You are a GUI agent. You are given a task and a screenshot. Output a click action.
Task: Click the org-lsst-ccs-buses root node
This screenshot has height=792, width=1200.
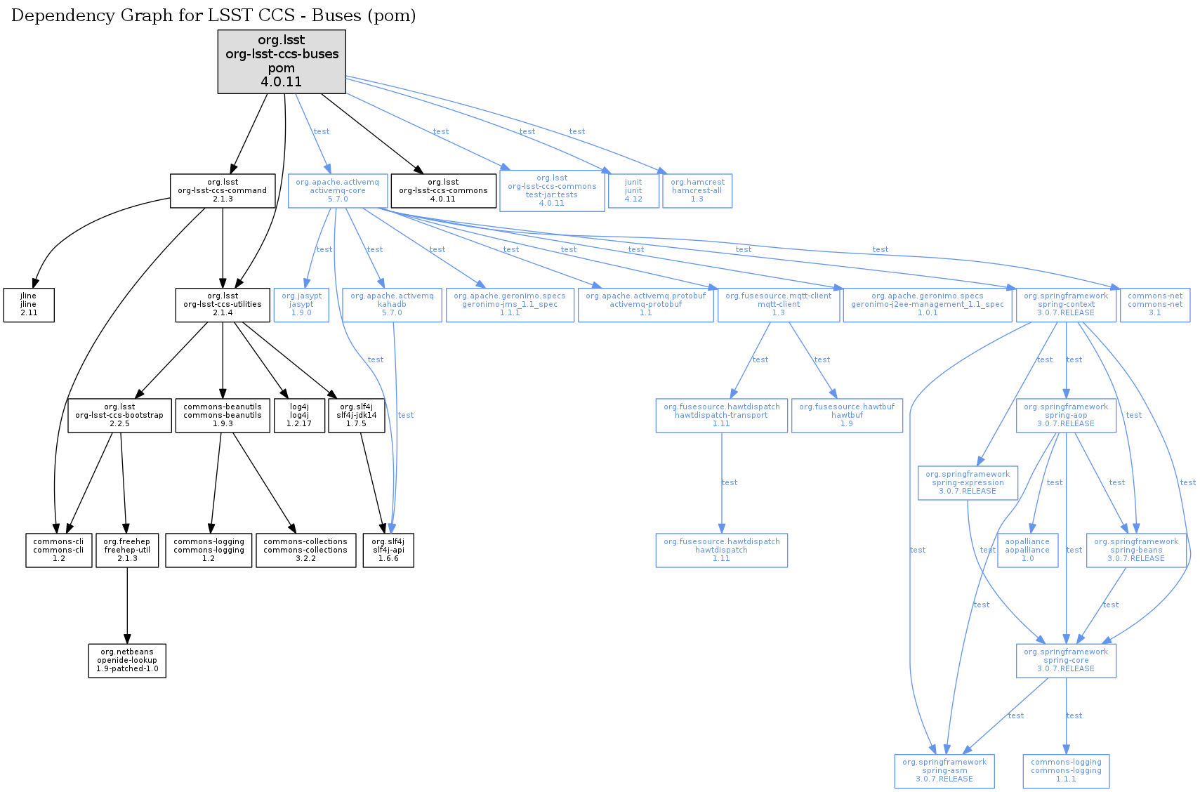click(281, 61)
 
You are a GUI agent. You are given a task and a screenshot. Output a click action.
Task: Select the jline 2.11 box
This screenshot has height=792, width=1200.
click(29, 305)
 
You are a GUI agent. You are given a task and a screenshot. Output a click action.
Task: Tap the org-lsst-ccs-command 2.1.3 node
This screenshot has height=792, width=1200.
click(222, 190)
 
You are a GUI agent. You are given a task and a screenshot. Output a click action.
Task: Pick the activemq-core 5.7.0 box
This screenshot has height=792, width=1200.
click(337, 190)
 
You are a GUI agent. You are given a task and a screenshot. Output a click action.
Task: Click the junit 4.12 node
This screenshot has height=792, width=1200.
click(633, 190)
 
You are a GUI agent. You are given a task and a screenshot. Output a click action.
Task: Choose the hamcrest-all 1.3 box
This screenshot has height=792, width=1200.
click(697, 190)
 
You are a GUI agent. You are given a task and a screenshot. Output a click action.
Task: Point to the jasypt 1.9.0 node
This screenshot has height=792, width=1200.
click(301, 305)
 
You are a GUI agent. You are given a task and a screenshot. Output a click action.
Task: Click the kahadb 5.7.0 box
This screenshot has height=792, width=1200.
click(392, 305)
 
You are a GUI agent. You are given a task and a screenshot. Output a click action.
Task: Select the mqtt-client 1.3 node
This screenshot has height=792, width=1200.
click(778, 305)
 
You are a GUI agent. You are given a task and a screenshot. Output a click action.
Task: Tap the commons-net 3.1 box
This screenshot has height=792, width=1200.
click(1154, 305)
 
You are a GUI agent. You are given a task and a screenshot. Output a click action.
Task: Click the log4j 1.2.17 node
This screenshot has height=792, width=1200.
click(299, 416)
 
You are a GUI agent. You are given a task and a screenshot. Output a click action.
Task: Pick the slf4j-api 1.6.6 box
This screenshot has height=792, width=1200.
click(388, 550)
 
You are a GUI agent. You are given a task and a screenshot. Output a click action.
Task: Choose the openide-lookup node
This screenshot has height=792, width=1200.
click(127, 661)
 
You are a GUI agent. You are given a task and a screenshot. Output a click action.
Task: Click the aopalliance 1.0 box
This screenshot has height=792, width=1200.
click(1027, 550)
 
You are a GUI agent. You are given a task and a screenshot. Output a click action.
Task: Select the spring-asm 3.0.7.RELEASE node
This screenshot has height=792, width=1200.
click(944, 771)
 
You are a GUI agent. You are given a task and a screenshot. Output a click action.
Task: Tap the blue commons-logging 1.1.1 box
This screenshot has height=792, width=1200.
click(1066, 771)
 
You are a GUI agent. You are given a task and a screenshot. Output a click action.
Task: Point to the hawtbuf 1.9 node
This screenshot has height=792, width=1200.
click(847, 416)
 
